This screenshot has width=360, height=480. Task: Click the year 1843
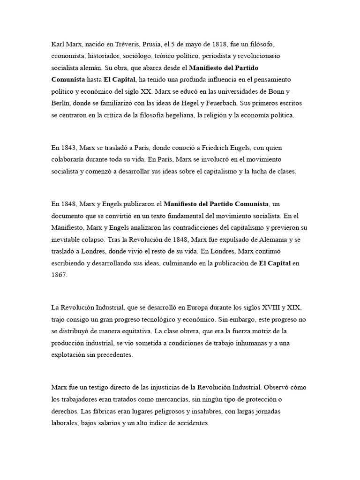67,148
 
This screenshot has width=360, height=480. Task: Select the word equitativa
133,331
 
